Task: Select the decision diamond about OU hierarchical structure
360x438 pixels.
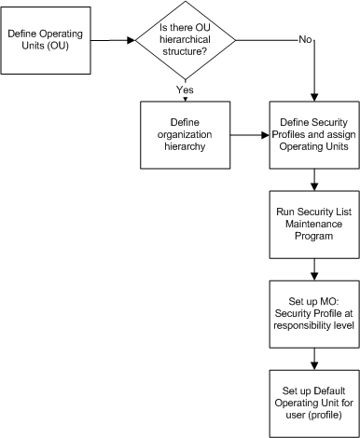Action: click(x=185, y=40)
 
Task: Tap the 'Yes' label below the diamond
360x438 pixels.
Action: click(x=185, y=89)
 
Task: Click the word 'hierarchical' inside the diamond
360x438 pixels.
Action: click(x=185, y=41)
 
